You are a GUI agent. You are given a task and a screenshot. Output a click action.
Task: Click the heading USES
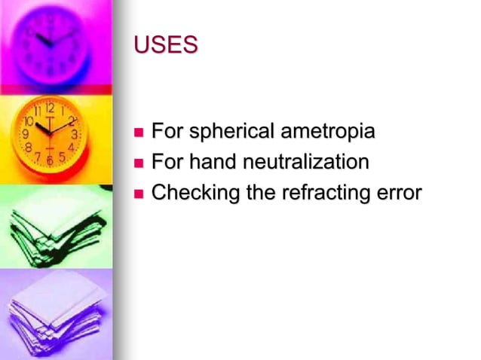166,45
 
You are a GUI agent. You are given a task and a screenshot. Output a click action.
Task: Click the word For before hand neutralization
167,162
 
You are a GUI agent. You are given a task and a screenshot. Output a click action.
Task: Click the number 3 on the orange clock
74,134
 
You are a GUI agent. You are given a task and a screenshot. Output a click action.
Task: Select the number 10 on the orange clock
29,120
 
